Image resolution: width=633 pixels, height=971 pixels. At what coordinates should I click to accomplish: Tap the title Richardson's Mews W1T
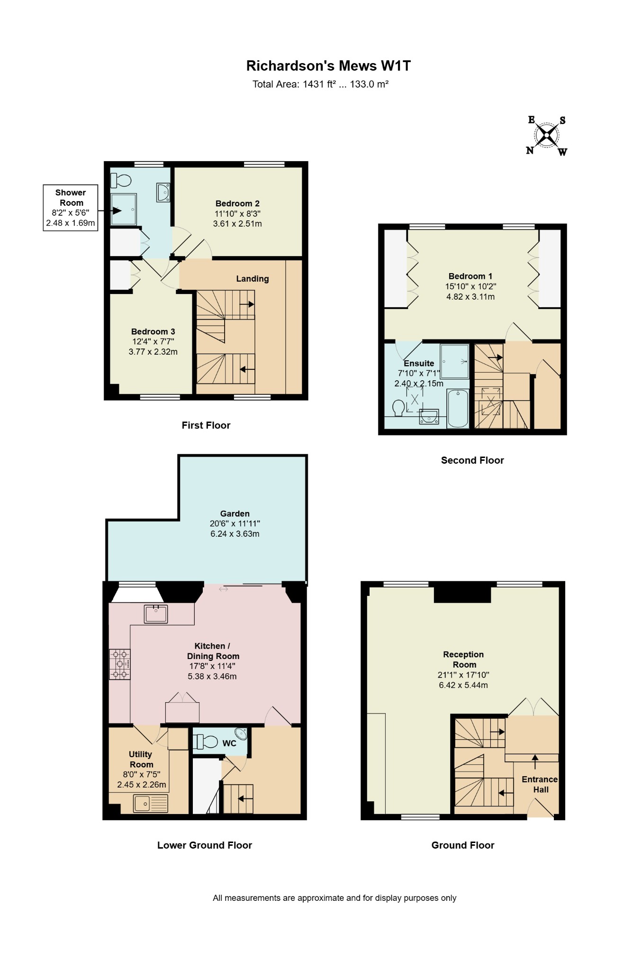328,66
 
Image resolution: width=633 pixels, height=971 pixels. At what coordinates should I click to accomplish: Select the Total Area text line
320,84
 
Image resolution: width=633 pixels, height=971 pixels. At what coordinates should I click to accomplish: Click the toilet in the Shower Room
121,180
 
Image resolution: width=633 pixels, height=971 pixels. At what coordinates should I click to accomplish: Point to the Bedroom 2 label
237,203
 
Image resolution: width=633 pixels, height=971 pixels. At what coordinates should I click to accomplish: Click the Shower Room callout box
71,208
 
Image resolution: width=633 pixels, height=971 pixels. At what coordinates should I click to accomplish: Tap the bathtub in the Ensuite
458,408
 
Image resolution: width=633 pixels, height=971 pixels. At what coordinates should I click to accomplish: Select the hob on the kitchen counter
119,664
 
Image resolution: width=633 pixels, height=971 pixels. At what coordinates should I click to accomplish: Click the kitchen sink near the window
156,614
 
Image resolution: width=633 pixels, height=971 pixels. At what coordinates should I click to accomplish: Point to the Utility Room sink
150,803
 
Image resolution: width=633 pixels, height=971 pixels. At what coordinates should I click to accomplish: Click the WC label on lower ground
229,743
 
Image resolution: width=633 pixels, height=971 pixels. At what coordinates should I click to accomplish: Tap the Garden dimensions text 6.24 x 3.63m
235,534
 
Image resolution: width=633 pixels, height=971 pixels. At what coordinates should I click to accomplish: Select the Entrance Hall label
540,784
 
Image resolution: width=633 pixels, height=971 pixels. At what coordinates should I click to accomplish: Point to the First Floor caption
206,425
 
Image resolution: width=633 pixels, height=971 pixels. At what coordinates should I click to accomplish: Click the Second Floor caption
472,460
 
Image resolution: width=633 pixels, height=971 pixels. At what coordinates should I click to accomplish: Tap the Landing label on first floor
253,279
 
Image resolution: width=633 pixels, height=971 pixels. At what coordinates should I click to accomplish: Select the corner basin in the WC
242,734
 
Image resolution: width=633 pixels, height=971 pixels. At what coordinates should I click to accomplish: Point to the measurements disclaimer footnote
335,898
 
